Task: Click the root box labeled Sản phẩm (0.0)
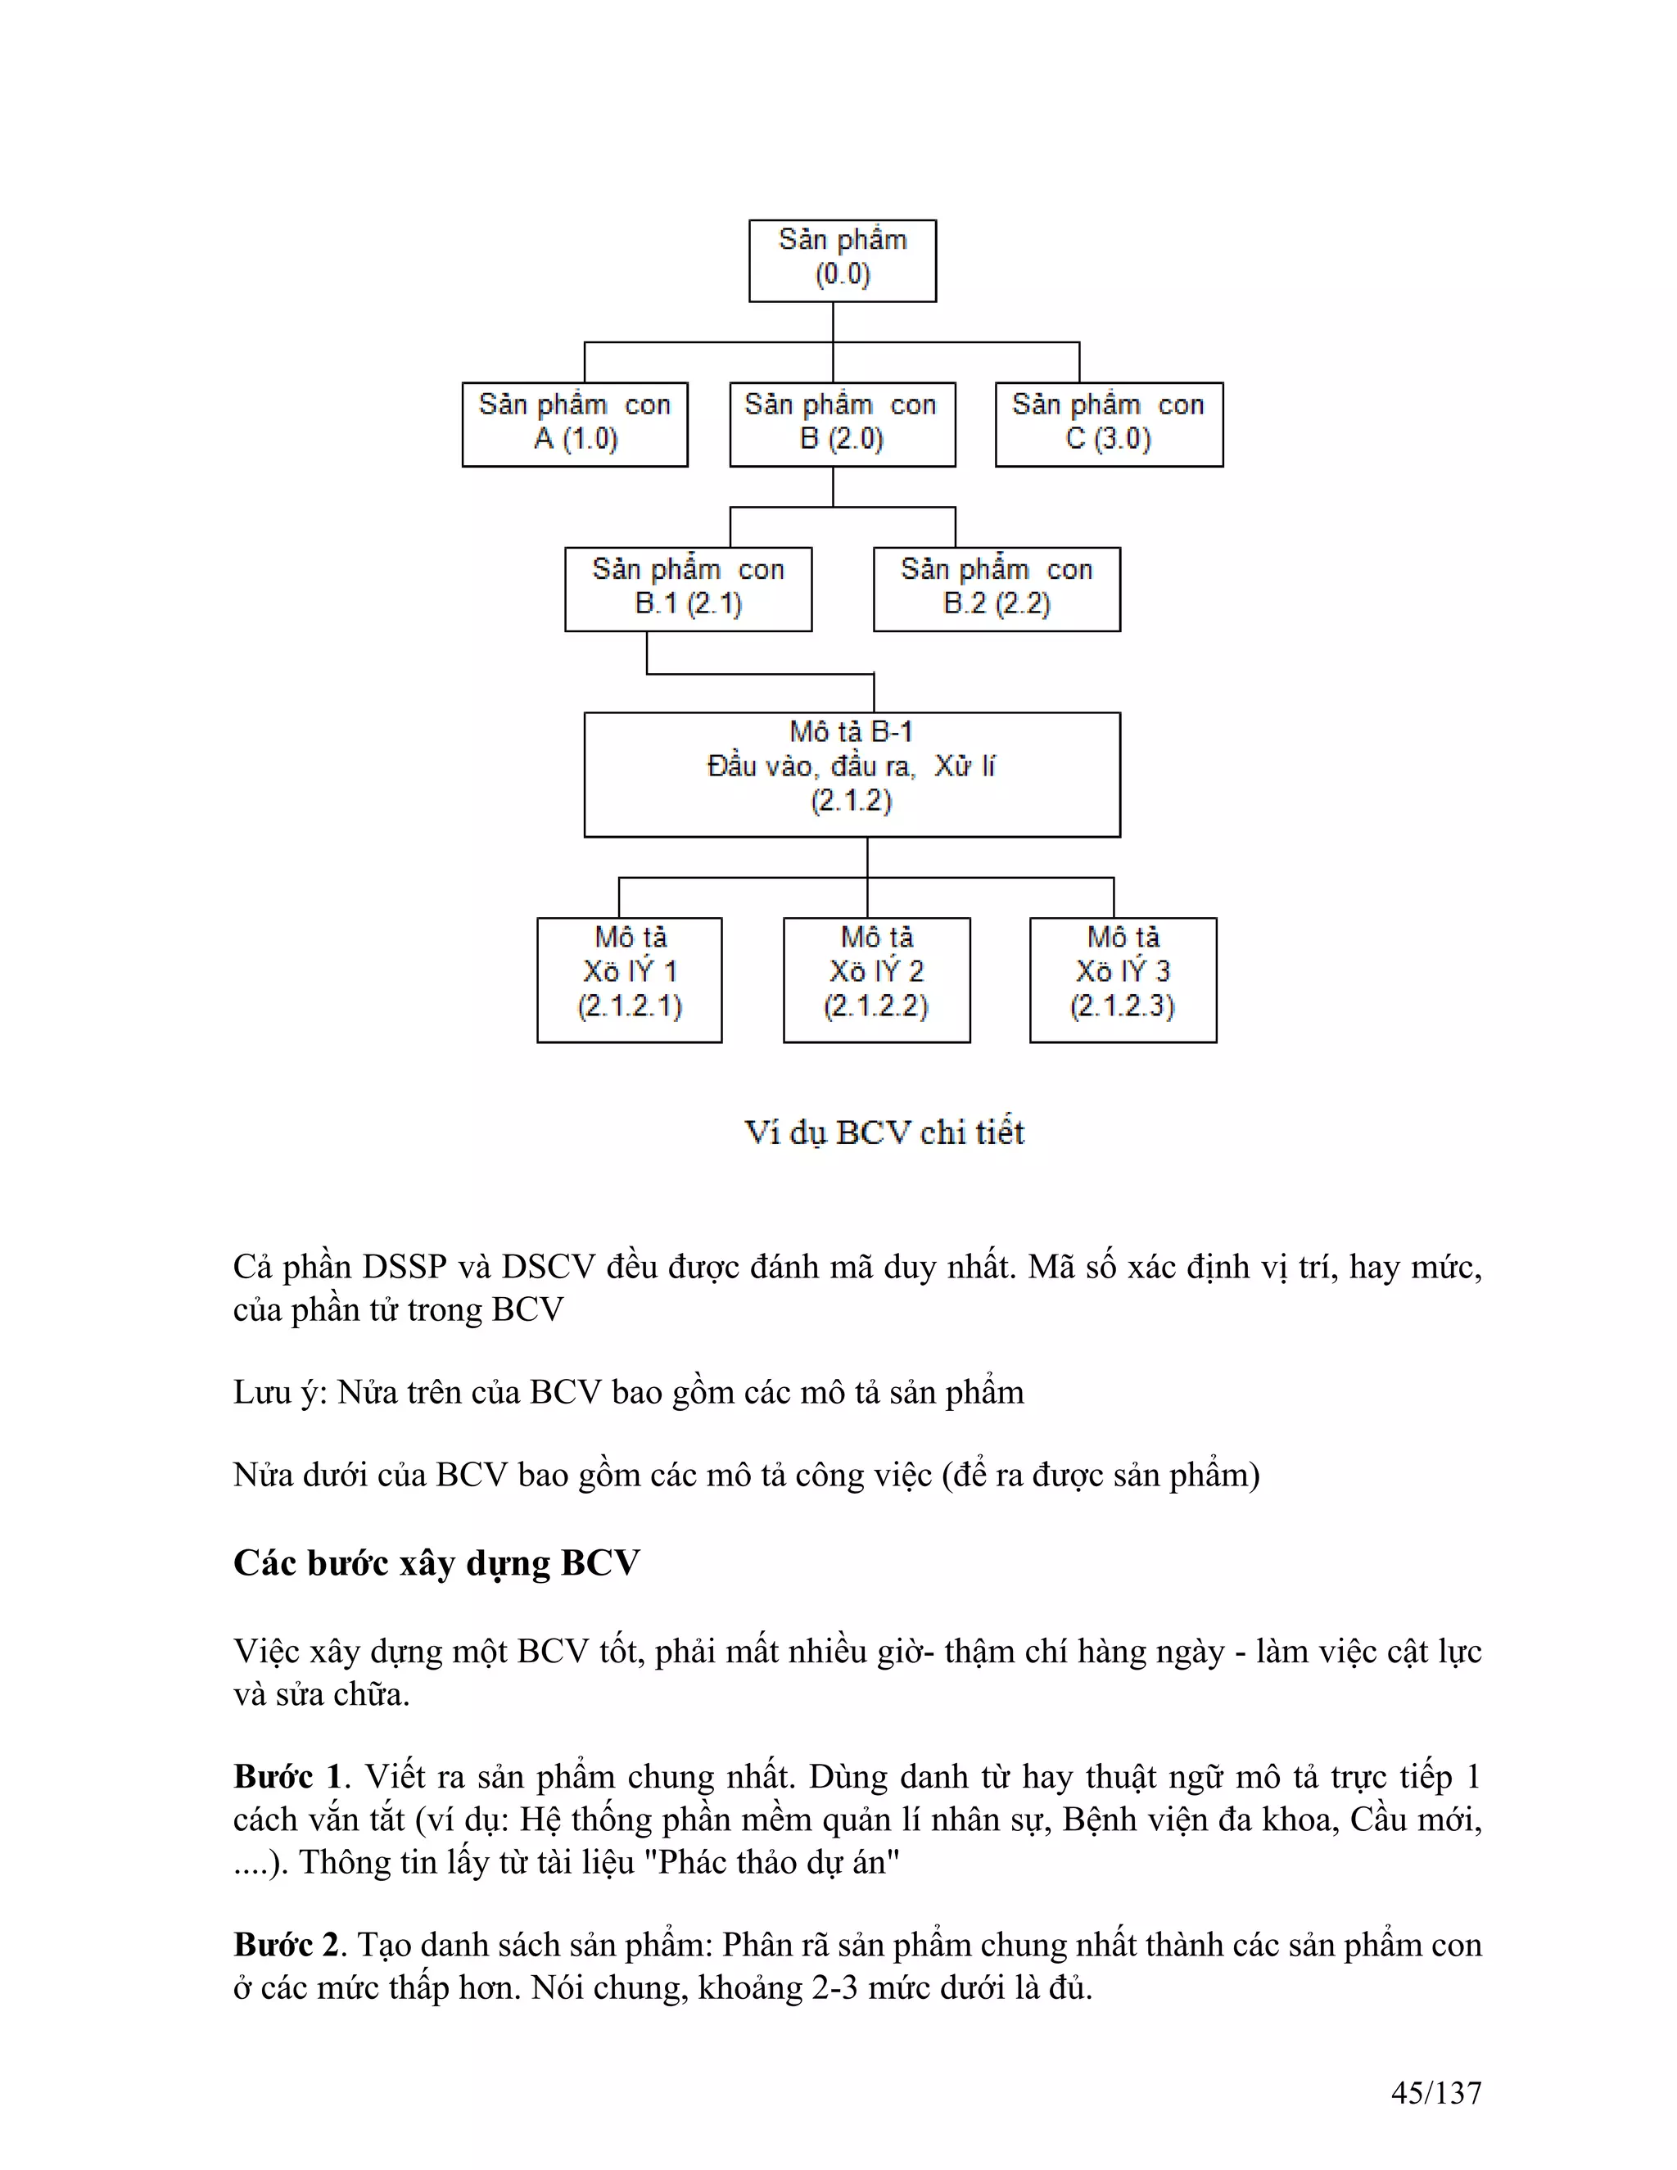(843, 260)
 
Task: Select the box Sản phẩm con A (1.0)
(575, 424)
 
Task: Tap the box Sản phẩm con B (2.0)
(843, 424)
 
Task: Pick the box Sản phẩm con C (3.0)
(1109, 424)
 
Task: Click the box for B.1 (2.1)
(689, 590)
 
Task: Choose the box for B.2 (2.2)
(997, 590)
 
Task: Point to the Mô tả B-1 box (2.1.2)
(852, 774)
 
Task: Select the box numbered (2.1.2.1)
(630, 979)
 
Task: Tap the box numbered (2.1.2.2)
(876, 979)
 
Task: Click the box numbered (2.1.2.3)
(1123, 979)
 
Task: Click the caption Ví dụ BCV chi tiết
(884, 1132)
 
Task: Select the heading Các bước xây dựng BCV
(436, 1563)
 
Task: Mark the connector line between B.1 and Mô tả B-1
(760, 674)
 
